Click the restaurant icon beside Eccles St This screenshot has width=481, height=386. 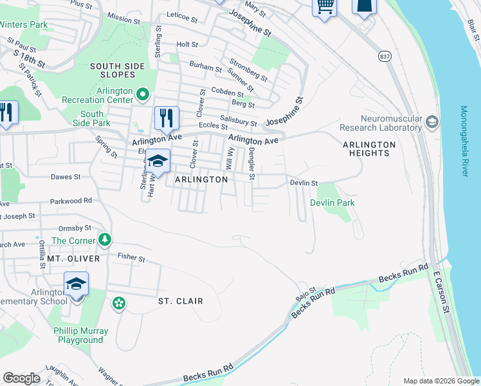[166, 117]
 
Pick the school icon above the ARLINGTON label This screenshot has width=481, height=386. [158, 161]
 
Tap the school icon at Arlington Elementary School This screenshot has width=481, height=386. [76, 283]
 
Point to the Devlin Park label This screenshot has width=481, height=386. [332, 203]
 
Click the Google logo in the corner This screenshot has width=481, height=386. [21, 378]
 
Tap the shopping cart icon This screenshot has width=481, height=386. [325, 6]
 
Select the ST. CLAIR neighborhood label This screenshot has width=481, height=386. [181, 301]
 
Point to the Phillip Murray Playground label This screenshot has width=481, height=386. [81, 335]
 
